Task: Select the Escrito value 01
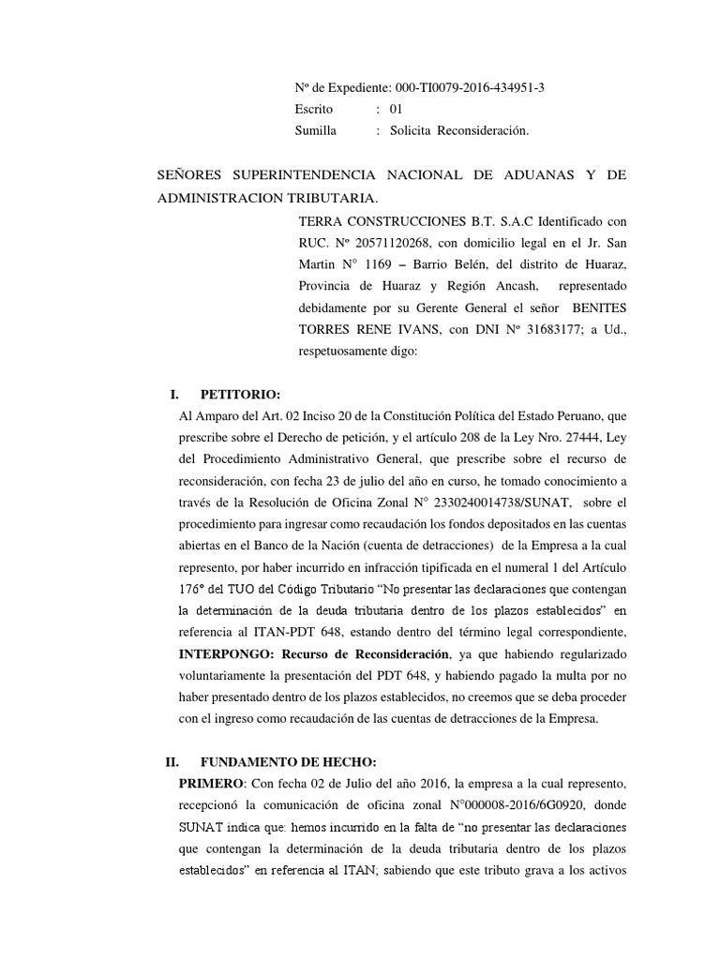396,109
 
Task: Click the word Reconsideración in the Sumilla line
486,131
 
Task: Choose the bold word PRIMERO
210,784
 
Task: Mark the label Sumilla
315,131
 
